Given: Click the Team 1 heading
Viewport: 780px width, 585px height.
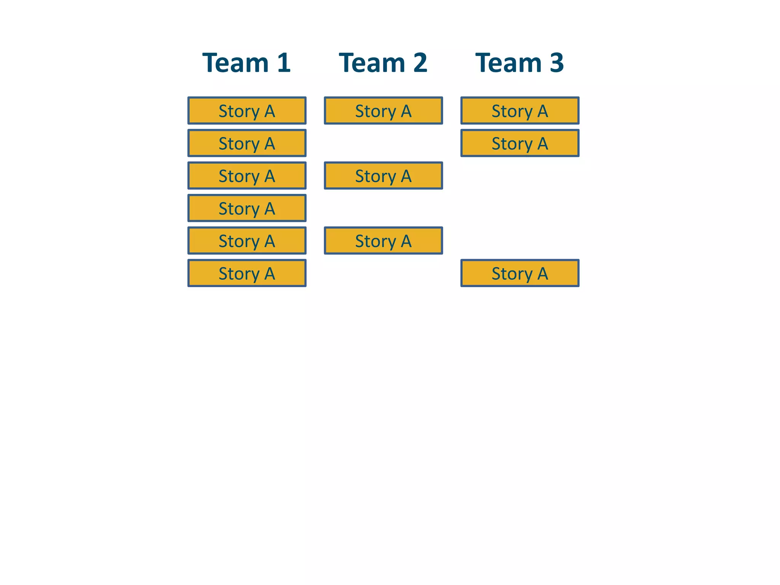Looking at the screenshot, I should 246,63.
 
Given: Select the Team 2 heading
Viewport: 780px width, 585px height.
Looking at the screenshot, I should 383,63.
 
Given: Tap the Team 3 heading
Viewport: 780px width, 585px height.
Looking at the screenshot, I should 519,63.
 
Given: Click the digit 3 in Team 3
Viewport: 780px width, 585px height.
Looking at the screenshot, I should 556,63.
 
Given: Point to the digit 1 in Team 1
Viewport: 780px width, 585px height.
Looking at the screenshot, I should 284,63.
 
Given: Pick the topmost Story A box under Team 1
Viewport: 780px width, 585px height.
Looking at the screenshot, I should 247,111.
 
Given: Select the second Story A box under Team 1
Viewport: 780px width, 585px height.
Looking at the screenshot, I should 247,143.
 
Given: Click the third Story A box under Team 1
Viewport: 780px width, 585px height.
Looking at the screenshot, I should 247,176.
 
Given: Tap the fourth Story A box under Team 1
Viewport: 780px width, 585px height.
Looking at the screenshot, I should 247,208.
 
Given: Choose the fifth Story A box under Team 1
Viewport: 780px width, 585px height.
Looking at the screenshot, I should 247,241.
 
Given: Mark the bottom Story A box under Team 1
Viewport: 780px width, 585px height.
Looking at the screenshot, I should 247,273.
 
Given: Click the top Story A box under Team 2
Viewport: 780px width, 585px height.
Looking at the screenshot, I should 383,111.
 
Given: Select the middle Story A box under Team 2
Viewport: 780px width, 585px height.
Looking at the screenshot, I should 383,176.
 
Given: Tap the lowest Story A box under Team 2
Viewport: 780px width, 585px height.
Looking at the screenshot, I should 383,241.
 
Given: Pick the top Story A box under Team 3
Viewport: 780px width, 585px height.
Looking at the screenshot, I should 520,111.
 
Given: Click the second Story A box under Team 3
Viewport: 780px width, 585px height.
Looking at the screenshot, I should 520,143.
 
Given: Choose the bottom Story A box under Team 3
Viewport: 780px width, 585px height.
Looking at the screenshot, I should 520,273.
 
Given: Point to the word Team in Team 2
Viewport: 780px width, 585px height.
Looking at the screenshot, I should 372,63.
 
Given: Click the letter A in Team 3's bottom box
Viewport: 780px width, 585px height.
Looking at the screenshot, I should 543,273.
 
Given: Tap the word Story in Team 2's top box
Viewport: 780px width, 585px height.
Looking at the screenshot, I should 375,112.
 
